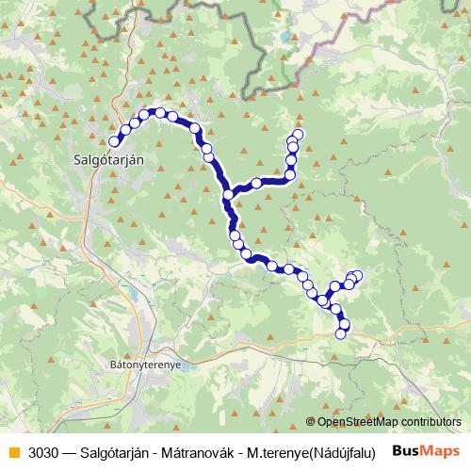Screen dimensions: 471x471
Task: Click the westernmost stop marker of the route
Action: pyautogui.click(x=115, y=141)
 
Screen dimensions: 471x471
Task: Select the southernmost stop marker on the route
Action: pyautogui.click(x=341, y=333)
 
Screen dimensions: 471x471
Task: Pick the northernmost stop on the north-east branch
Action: pyautogui.click(x=299, y=134)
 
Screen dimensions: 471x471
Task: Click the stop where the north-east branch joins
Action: pyautogui.click(x=228, y=195)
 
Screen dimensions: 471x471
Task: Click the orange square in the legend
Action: pyautogui.click(x=12, y=451)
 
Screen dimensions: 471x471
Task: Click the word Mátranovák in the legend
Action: pyautogui.click(x=199, y=451)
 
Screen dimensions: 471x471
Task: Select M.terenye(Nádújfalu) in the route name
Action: pyautogui.click(x=315, y=451)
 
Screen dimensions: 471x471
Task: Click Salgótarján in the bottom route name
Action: pyautogui.click(x=118, y=451)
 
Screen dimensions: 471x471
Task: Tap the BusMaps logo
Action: pyautogui.click(x=426, y=450)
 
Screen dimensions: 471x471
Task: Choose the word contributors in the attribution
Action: pyautogui.click(x=430, y=422)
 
